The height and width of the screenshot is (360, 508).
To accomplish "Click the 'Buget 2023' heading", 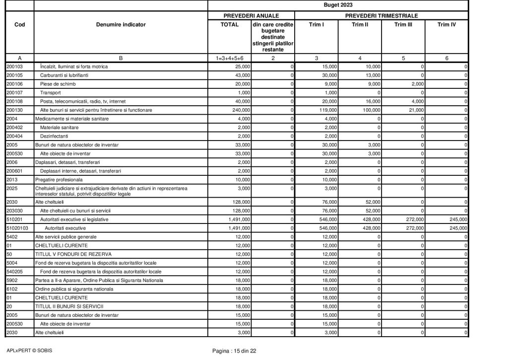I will (x=338, y=5).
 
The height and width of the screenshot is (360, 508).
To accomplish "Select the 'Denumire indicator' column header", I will (x=121, y=24).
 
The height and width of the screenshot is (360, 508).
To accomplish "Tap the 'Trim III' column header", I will (x=403, y=24).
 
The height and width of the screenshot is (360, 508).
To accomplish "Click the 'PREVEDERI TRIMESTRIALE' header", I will (x=381, y=15).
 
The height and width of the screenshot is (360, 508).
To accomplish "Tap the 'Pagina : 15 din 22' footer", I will (x=234, y=351).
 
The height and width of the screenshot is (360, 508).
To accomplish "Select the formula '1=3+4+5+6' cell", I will (x=229, y=58).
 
